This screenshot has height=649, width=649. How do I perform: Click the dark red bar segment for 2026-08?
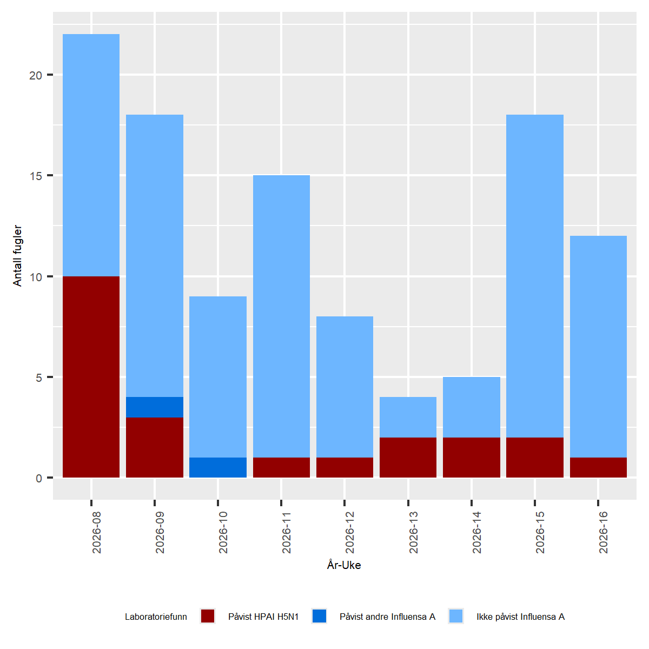click(x=91, y=377)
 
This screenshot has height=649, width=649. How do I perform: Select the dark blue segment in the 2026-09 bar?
click(x=155, y=407)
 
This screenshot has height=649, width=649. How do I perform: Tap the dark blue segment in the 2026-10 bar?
click(x=218, y=468)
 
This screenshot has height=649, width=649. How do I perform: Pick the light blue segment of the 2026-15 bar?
click(x=535, y=276)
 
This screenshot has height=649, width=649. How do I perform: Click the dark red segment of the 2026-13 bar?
click(x=408, y=458)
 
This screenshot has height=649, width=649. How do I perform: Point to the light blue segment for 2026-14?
click(x=472, y=407)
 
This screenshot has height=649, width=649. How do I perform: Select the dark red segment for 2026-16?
click(x=598, y=468)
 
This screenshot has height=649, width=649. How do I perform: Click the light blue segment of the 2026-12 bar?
click(x=345, y=387)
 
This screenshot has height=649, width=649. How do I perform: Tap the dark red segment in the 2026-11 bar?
click(x=281, y=468)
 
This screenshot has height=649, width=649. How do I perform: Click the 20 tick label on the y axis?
click(x=36, y=75)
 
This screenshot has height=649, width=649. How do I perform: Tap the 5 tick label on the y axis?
click(x=39, y=378)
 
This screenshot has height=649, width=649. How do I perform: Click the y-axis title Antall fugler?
click(x=18, y=255)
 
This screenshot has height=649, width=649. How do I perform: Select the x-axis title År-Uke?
click(x=344, y=565)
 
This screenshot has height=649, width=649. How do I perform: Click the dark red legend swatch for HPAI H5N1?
click(x=208, y=616)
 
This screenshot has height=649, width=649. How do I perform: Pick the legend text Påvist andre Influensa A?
click(x=387, y=617)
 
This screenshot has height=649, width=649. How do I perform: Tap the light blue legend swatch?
click(x=456, y=616)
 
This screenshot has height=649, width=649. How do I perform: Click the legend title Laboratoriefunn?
click(x=156, y=617)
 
